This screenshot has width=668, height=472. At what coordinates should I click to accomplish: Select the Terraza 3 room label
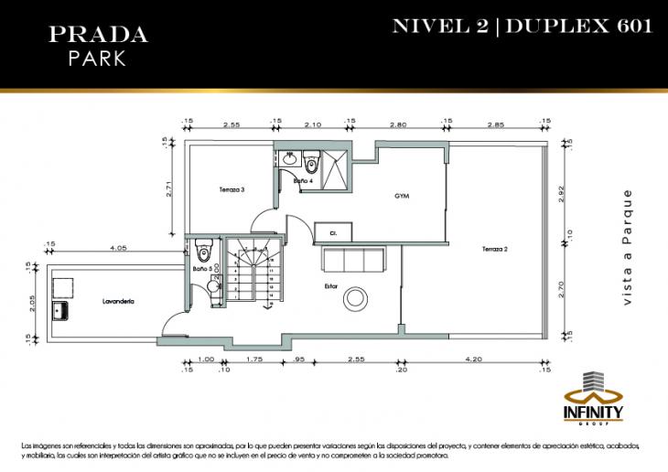(x=232, y=190)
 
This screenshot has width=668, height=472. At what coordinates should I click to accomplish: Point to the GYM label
(x=401, y=196)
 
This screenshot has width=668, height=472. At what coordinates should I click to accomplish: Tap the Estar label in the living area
(x=330, y=285)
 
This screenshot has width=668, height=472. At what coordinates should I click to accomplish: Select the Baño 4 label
(x=303, y=181)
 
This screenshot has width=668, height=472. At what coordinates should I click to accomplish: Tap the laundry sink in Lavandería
(x=63, y=310)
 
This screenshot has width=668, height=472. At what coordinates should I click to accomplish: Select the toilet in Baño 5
(x=204, y=249)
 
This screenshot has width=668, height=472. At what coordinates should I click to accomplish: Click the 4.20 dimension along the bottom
(x=473, y=359)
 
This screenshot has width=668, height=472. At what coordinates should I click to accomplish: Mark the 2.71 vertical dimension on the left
(x=168, y=188)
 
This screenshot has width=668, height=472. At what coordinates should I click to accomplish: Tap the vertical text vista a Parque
(x=628, y=248)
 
